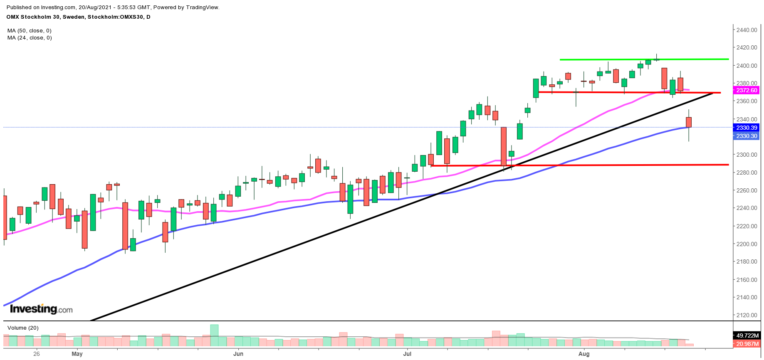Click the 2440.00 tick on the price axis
pyautogui.click(x=746, y=30)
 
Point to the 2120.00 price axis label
pyautogui.click(x=746, y=315)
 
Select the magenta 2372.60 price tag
pyautogui.click(x=747, y=90)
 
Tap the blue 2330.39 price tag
pyautogui.click(x=747, y=128)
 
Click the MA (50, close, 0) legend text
pyautogui.click(x=30, y=31)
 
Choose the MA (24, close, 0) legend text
pyautogui.click(x=30, y=38)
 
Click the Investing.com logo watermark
pyautogui.click(x=41, y=309)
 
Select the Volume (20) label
pyautogui.click(x=23, y=328)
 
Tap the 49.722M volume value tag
pyautogui.click(x=747, y=335)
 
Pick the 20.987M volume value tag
pyautogui.click(x=747, y=344)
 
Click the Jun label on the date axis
pyautogui.click(x=238, y=354)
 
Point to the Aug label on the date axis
pyautogui.click(x=584, y=354)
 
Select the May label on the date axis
pyautogui.click(x=77, y=354)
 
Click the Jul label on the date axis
pyautogui.click(x=407, y=354)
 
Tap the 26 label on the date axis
pyautogui.click(x=37, y=354)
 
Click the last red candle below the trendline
pyautogui.click(x=689, y=122)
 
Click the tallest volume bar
pyautogui.click(x=214, y=335)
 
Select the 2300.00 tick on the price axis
pyautogui.click(x=746, y=155)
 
